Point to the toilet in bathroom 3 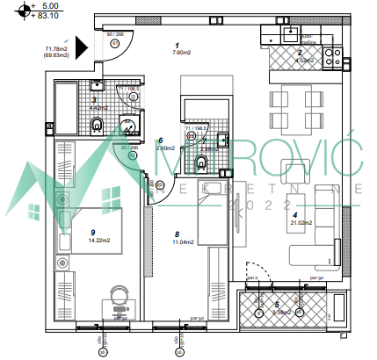tap(98, 125)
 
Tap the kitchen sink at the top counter tap(288, 36)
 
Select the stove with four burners tap(333, 58)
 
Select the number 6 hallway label tap(160, 140)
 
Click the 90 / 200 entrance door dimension tap(115, 35)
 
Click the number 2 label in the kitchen tap(300, 53)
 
